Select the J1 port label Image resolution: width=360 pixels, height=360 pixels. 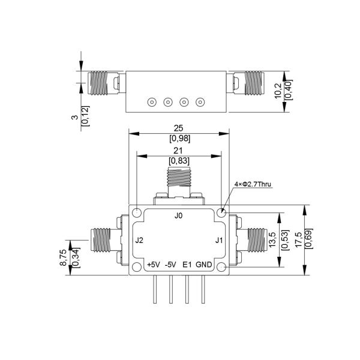(219, 241)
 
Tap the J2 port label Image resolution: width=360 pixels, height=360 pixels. (139, 241)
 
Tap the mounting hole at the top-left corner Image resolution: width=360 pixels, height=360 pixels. (137, 212)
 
